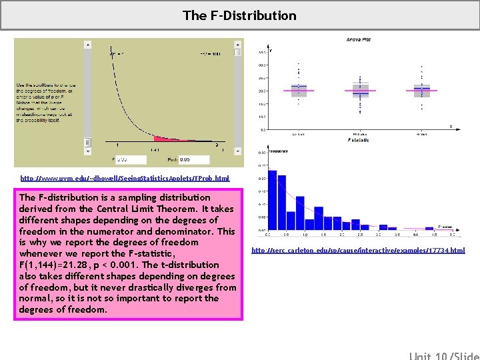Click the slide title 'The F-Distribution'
(x=240, y=15)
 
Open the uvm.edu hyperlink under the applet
(x=125, y=179)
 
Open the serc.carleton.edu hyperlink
(x=358, y=251)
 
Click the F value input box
(x=131, y=160)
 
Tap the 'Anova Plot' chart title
(x=359, y=40)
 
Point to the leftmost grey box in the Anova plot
(x=299, y=89)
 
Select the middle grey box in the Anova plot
(x=360, y=90)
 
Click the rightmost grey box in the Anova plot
(x=421, y=89)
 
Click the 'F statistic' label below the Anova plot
(x=359, y=140)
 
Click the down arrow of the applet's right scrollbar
(x=238, y=142)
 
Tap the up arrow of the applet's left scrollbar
(x=87, y=45)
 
